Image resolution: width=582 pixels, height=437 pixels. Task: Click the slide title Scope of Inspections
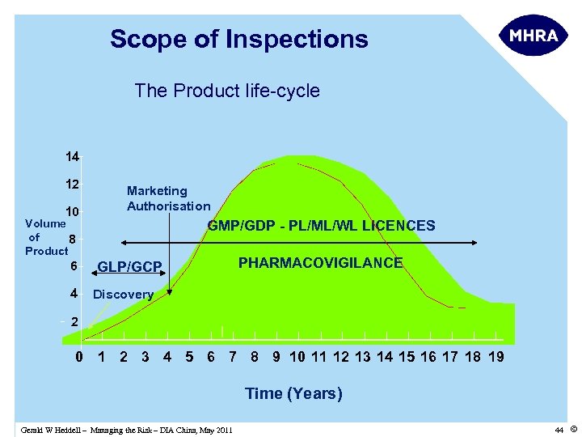(x=238, y=39)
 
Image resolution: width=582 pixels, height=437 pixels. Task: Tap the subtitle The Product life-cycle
(x=227, y=91)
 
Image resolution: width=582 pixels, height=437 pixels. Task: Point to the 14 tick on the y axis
(x=73, y=156)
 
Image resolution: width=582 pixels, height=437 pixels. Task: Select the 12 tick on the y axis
(x=73, y=184)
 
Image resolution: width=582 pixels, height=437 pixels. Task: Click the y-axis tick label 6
(x=73, y=265)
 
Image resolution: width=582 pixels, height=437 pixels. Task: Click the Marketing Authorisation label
(x=168, y=198)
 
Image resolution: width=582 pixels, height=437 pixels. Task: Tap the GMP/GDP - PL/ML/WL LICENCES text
(x=321, y=226)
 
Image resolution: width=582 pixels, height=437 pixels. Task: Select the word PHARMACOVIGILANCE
(x=320, y=263)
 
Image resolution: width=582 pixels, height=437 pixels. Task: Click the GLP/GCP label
(x=130, y=267)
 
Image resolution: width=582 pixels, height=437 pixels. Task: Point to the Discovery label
(x=123, y=295)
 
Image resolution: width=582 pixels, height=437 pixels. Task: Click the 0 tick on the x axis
(x=79, y=357)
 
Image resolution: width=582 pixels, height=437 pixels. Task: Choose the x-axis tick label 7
(x=233, y=357)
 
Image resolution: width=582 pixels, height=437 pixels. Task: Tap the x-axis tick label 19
(x=496, y=357)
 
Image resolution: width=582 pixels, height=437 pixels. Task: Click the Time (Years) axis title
(x=293, y=394)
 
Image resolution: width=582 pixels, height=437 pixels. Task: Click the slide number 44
(x=558, y=429)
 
